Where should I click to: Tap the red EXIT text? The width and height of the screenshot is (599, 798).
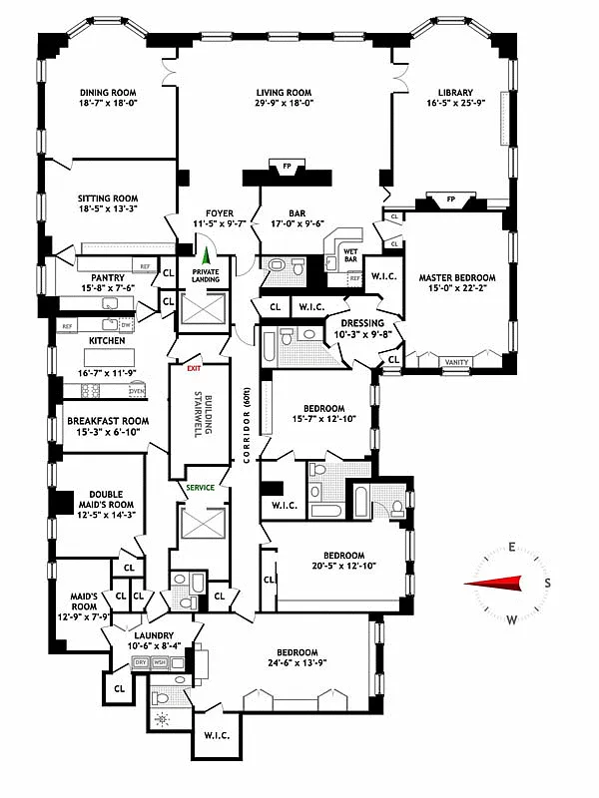click(x=193, y=368)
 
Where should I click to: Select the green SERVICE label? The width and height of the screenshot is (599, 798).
click(x=202, y=488)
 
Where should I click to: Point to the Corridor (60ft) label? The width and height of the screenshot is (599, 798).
click(x=246, y=423)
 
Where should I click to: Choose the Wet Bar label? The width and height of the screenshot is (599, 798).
click(x=349, y=254)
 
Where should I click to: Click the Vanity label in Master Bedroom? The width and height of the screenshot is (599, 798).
click(x=457, y=362)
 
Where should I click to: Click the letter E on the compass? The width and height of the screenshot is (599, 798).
click(x=510, y=547)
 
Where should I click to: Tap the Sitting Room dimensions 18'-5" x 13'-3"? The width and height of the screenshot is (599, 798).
click(x=108, y=209)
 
